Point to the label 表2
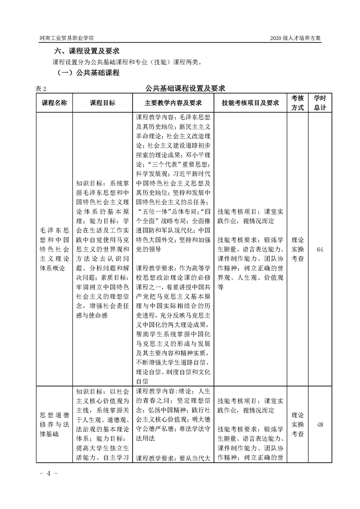[x=40, y=88]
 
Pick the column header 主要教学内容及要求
[x=173, y=103]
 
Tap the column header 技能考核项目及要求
[x=250, y=103]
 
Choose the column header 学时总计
[x=320, y=103]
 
